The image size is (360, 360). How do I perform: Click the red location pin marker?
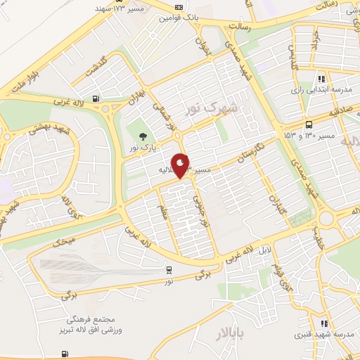pos(181,165)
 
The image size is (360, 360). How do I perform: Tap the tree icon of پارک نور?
pos(145,137)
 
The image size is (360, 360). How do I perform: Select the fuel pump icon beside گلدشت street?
pos(96,99)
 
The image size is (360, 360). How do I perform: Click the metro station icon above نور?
pos(169,269)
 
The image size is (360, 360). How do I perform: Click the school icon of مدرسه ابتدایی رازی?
pos(321,79)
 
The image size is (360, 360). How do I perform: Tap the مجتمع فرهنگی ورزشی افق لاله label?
pos(79,325)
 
